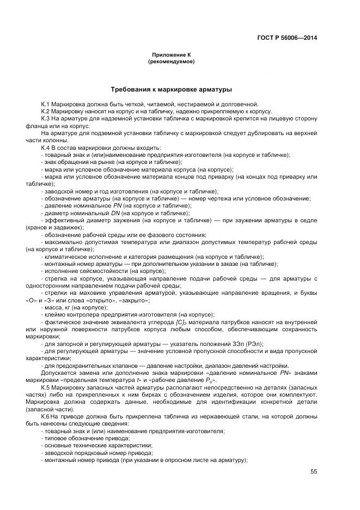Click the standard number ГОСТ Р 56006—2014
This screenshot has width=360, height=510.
click(x=286, y=38)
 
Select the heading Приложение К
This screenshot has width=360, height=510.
click(x=170, y=55)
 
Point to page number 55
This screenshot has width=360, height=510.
click(x=314, y=472)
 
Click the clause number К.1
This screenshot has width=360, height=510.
click(x=46, y=104)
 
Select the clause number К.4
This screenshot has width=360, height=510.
click(x=46, y=148)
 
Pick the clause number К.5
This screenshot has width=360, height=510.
click(x=46, y=386)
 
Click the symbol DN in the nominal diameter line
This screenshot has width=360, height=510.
click(x=115, y=213)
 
